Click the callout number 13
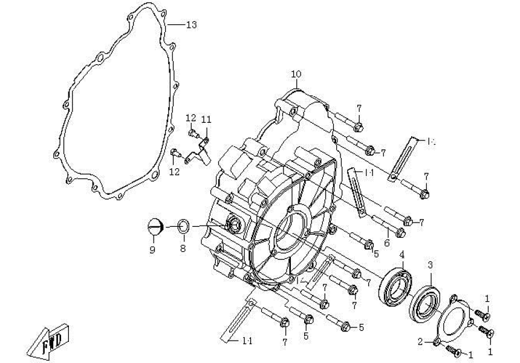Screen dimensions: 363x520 191,25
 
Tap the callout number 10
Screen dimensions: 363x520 296,74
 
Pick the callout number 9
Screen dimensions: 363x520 152,249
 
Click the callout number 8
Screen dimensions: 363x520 183,249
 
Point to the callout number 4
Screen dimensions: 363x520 401,254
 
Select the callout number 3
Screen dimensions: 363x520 430,265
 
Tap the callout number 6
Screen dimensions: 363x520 387,242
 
